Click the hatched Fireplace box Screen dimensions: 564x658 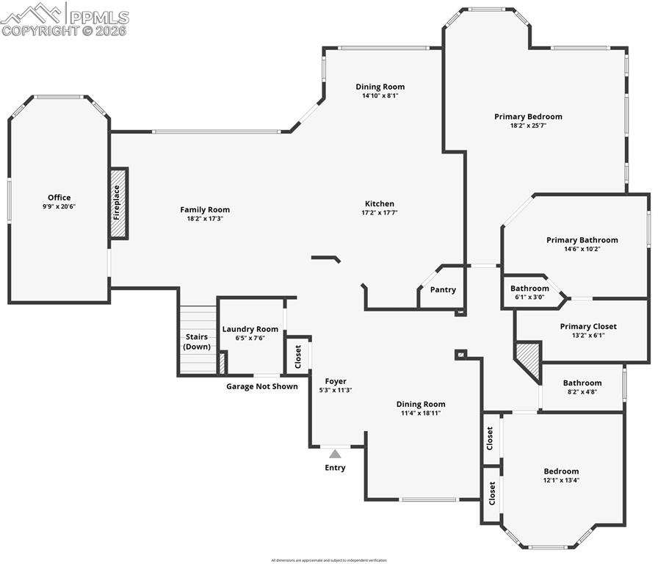click(118, 203)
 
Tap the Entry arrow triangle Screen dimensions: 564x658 click(335, 454)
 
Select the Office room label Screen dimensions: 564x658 click(59, 198)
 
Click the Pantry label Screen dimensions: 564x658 click(443, 290)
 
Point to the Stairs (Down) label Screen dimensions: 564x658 click(197, 341)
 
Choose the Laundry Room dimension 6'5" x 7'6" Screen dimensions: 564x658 click(250, 339)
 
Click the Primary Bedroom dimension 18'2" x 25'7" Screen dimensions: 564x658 click(528, 126)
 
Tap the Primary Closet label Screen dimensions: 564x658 click(588, 326)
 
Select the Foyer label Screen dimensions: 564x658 click(336, 381)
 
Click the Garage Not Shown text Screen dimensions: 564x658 click(261, 386)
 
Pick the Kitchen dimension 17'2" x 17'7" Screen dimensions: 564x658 click(380, 213)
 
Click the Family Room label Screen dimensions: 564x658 click(205, 209)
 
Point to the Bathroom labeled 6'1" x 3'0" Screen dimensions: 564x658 click(529, 289)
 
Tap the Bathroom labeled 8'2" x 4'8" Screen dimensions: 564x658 click(582, 383)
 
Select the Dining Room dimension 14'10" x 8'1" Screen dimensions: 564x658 click(380, 95)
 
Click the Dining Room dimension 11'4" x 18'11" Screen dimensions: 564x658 click(421, 413)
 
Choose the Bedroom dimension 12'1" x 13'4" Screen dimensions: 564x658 click(561, 480)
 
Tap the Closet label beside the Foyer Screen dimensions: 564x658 click(298, 356)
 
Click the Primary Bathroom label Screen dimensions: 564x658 click(582, 239)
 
